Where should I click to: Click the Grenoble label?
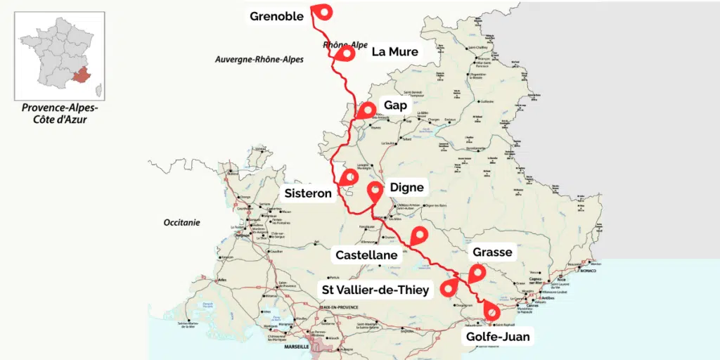point(277,15)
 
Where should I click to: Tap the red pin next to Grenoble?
point(322,13)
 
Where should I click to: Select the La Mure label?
point(394,51)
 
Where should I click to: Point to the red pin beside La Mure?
point(345,54)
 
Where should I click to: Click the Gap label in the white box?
point(395,105)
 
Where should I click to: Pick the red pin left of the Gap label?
point(366,111)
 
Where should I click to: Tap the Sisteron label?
point(308,193)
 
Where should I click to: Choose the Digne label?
point(407,187)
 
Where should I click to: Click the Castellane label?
point(366,255)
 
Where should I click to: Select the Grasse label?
point(492,252)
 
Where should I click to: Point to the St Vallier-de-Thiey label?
point(375,290)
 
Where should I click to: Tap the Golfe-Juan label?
point(498,337)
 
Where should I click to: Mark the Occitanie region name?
point(182,222)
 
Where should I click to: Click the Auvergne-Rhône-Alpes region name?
point(259,60)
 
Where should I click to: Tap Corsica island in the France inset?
point(98,90)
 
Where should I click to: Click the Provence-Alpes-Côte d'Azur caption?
point(60,114)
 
